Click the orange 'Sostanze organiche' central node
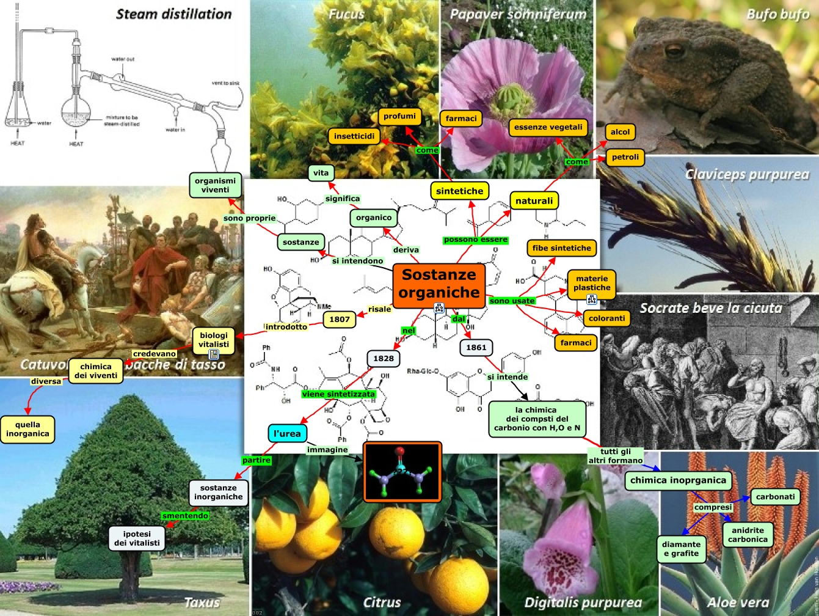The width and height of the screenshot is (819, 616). pyautogui.click(x=439, y=284)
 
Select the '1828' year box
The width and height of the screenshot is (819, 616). pyautogui.click(x=384, y=358)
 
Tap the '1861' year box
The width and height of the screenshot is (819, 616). pyautogui.click(x=476, y=348)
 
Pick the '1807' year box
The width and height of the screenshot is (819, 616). pyautogui.click(x=340, y=319)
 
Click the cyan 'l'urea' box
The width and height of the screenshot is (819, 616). pyautogui.click(x=287, y=433)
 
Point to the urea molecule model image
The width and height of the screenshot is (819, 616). pyautogui.click(x=402, y=471)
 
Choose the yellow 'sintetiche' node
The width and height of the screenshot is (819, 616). pyautogui.click(x=459, y=191)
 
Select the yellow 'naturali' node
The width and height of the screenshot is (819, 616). pyautogui.click(x=534, y=200)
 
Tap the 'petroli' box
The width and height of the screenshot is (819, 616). pyautogui.click(x=625, y=157)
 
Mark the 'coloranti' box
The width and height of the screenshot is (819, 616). pyautogui.click(x=607, y=318)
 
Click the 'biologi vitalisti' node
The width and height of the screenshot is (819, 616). pyautogui.click(x=214, y=340)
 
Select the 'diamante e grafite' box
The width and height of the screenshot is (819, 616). pyautogui.click(x=681, y=549)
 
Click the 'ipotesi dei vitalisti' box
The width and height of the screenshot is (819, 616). pyautogui.click(x=137, y=538)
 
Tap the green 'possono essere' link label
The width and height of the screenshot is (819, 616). pyautogui.click(x=476, y=240)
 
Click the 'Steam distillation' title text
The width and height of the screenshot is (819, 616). pyautogui.click(x=174, y=13)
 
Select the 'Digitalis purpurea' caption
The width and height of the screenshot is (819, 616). pyautogui.click(x=583, y=603)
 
